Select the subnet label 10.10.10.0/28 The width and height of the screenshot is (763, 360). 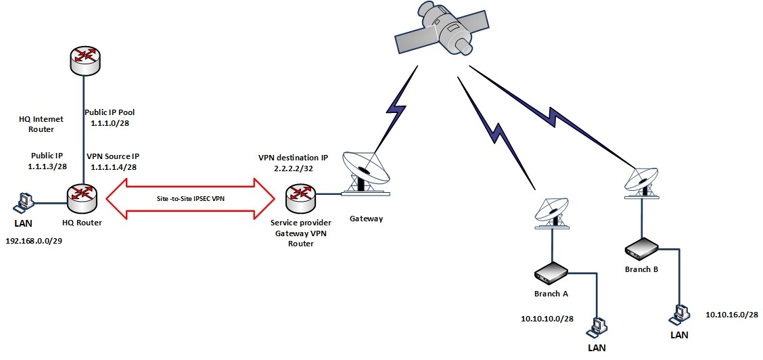tap(548, 318)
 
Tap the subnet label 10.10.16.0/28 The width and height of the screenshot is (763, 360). tap(731, 314)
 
